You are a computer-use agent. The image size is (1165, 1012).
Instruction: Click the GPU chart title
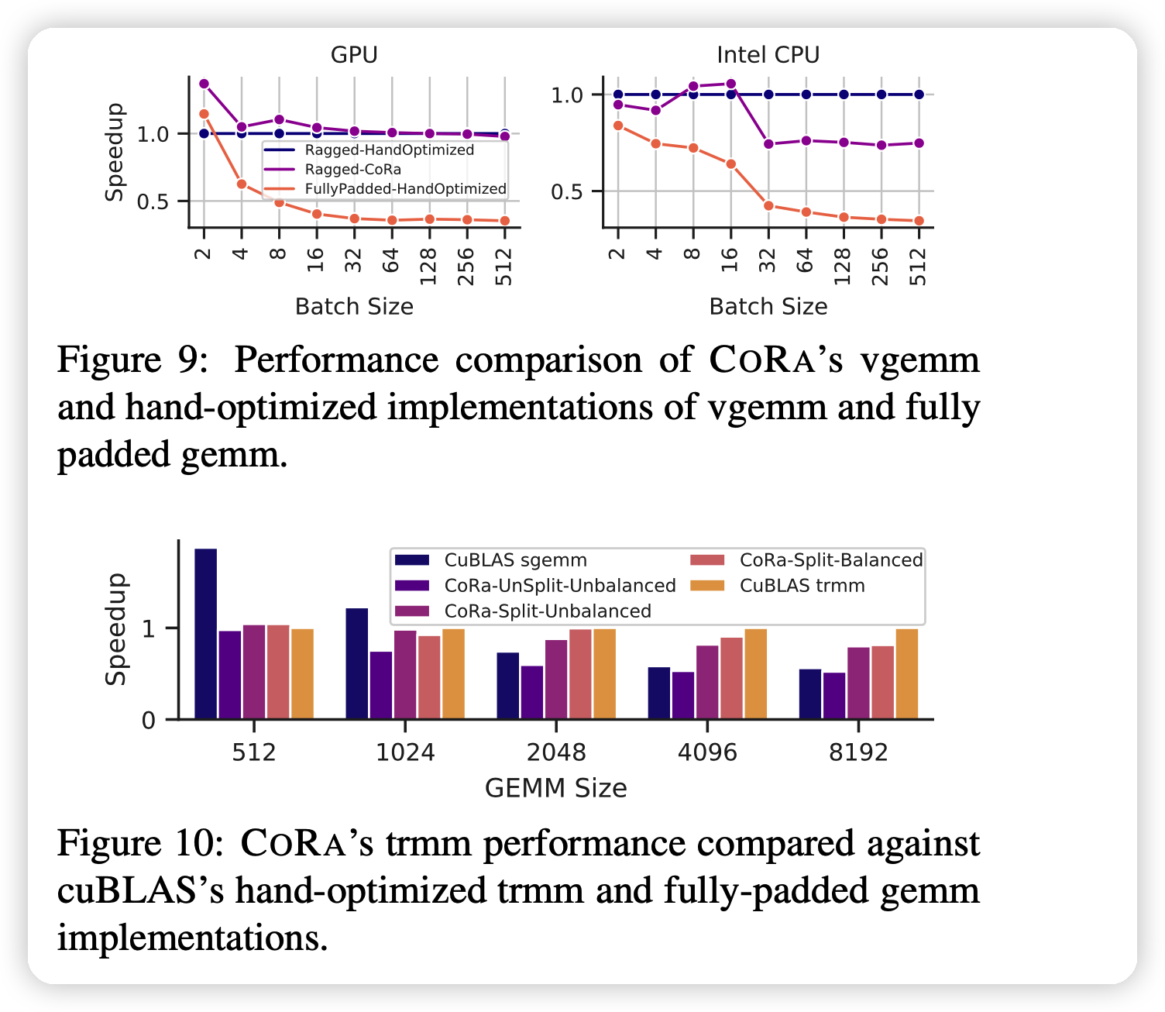coord(354,55)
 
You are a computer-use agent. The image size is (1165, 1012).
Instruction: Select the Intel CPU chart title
coord(768,55)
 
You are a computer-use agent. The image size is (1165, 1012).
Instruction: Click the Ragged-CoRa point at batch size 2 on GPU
coord(204,84)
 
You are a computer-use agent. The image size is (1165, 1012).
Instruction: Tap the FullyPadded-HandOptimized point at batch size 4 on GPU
coord(242,184)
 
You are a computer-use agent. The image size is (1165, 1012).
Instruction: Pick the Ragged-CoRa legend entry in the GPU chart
coord(352,170)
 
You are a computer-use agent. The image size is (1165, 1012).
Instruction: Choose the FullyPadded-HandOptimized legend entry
coord(405,189)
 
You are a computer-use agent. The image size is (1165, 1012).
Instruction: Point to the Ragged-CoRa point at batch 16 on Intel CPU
coord(730,84)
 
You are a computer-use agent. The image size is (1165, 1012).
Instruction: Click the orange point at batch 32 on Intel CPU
coord(768,205)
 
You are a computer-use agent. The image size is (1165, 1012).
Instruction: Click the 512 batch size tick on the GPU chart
coord(504,266)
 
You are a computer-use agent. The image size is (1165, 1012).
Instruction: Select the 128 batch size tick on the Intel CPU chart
coord(843,266)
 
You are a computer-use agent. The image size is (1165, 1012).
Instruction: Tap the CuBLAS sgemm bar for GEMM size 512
coord(206,634)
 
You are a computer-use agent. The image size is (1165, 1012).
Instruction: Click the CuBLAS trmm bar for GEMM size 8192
coord(906,674)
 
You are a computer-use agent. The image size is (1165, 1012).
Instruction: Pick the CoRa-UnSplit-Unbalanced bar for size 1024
coord(381,685)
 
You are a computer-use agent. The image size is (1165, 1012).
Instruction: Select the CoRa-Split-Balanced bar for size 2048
coord(580,674)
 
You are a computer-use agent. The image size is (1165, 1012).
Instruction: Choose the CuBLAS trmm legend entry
coord(802,586)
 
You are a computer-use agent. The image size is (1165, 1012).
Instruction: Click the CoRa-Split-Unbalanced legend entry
coord(547,611)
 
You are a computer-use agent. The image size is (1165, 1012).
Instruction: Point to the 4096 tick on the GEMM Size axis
coord(707,752)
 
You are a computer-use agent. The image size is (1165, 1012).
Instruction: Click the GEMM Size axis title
coord(555,788)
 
